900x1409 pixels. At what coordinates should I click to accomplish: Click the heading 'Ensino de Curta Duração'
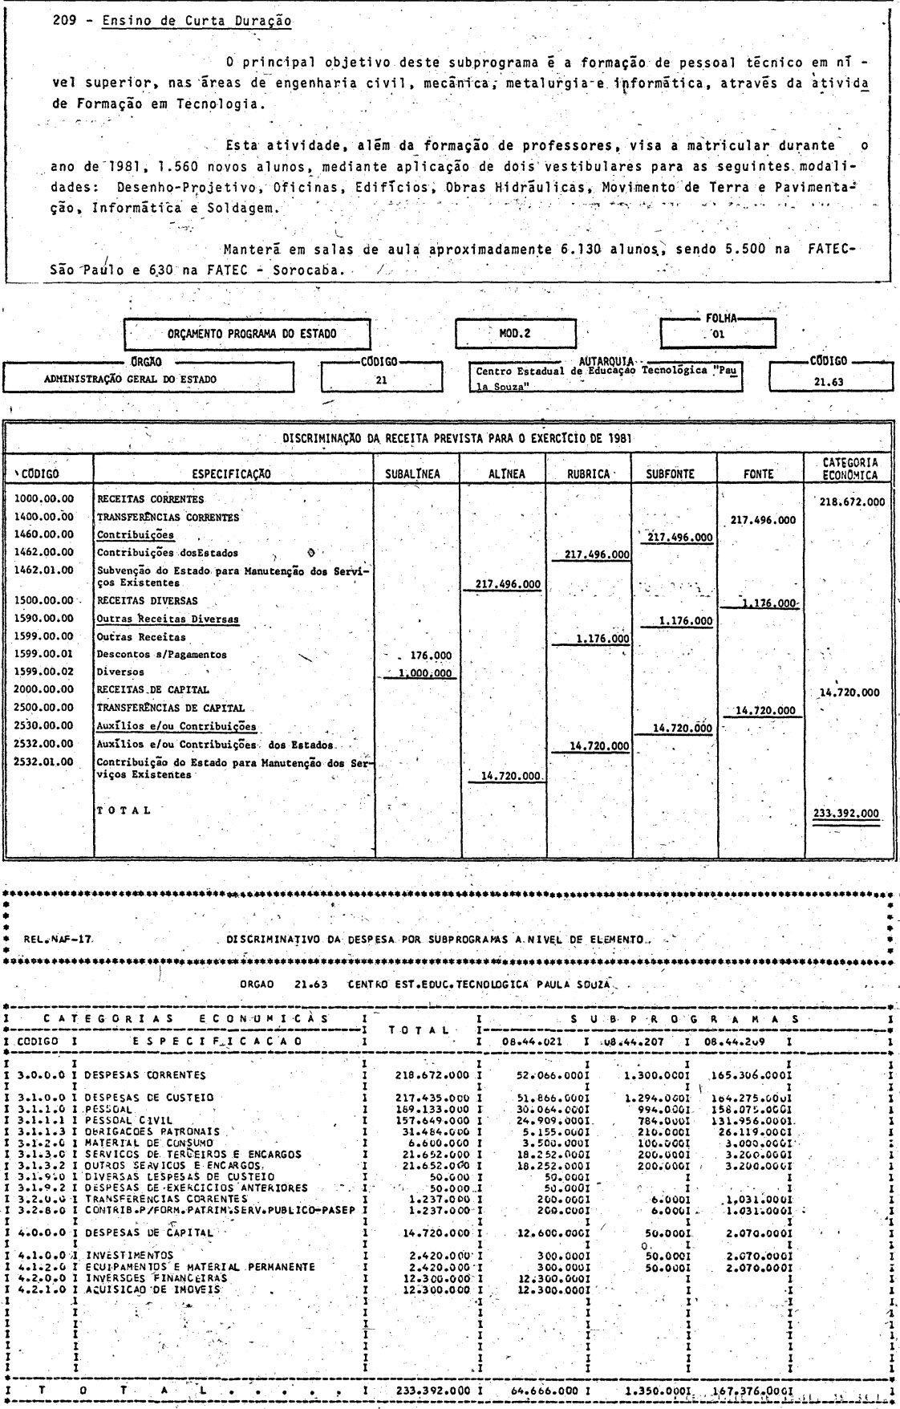tap(197, 22)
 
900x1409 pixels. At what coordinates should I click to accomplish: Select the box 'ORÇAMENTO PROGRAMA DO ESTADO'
tap(248, 333)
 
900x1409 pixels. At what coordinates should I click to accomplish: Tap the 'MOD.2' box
tap(515, 333)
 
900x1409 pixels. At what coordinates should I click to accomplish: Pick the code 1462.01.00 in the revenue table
tap(45, 571)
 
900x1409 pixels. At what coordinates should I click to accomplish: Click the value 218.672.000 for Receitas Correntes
tap(852, 501)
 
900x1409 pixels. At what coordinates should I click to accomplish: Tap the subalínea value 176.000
tap(430, 655)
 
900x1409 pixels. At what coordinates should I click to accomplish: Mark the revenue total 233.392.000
tap(845, 813)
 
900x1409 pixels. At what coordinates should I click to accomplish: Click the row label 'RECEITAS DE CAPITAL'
tap(152, 689)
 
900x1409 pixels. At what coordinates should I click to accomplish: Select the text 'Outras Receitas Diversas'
tap(168, 619)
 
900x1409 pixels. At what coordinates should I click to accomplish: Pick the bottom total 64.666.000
tap(544, 1389)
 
